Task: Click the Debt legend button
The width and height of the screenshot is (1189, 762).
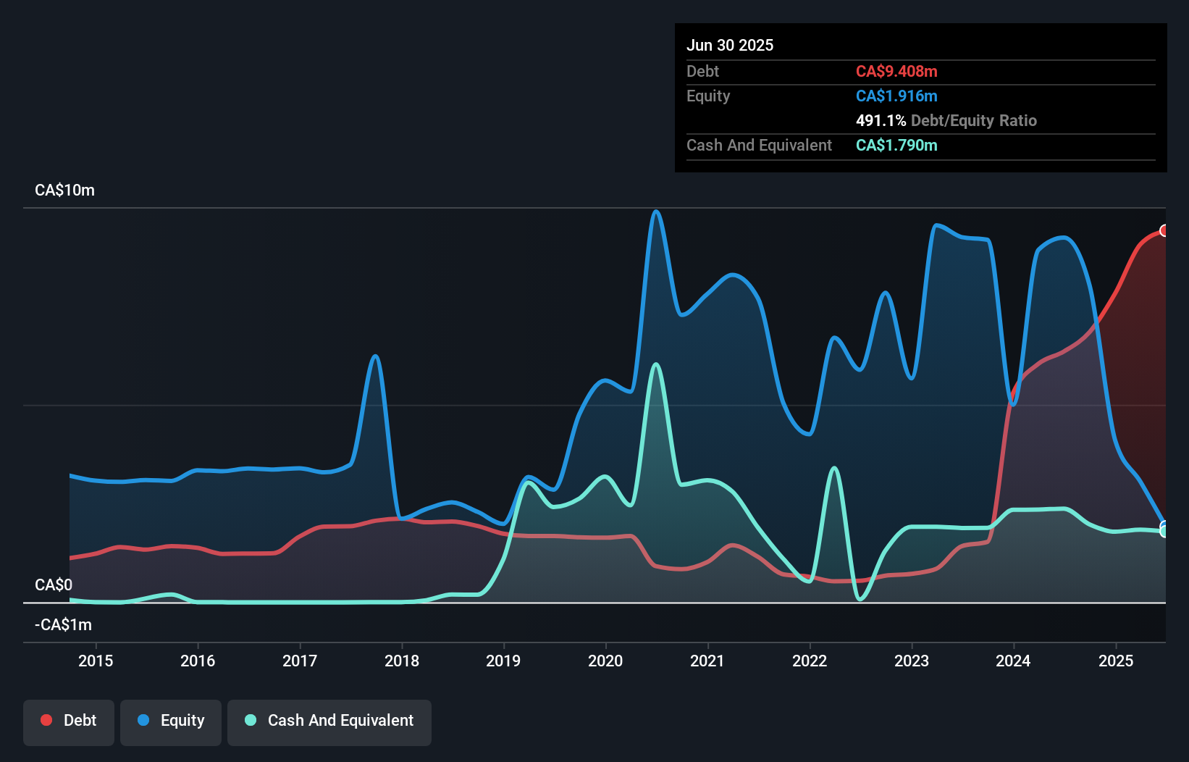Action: [69, 721]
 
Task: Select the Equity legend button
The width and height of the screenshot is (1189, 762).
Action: [171, 721]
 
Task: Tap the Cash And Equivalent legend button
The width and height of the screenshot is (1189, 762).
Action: [329, 721]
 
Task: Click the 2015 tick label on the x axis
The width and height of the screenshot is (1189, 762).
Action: [96, 661]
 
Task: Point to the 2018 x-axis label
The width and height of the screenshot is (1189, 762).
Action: [402, 661]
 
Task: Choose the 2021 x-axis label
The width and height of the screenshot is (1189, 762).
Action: [707, 661]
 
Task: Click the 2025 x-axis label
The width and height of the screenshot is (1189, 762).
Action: [1116, 661]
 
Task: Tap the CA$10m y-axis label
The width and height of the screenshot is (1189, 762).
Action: [64, 190]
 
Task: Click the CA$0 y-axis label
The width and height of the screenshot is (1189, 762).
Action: [54, 585]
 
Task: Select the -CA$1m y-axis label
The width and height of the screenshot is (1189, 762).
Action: [64, 624]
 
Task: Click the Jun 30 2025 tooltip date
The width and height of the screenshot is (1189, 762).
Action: [730, 45]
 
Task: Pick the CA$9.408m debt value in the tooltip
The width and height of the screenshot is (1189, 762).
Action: [896, 71]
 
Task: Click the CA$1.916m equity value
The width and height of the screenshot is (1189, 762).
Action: [896, 96]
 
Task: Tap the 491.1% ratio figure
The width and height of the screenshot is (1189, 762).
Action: [881, 120]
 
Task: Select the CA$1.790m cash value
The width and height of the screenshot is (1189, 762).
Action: [896, 145]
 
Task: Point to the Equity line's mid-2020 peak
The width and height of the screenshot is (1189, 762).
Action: [656, 212]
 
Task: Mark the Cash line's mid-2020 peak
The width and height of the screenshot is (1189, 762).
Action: [656, 364]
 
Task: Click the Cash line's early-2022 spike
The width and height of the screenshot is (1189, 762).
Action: [834, 468]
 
